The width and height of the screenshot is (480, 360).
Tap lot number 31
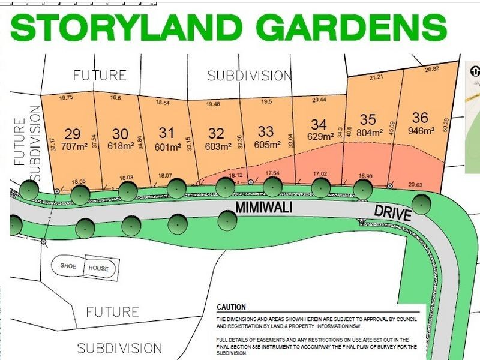pyautogui.click(x=166, y=132)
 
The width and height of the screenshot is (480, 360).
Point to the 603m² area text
pyautogui.click(x=217, y=146)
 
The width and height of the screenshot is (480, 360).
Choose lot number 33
pyautogui.click(x=265, y=131)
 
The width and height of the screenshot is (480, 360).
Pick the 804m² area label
pyautogui.click(x=368, y=133)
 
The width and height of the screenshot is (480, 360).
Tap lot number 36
pyautogui.click(x=421, y=118)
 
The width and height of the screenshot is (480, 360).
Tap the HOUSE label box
pyautogui.click(x=98, y=268)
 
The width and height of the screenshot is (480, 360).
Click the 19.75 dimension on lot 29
pyautogui.click(x=66, y=97)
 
